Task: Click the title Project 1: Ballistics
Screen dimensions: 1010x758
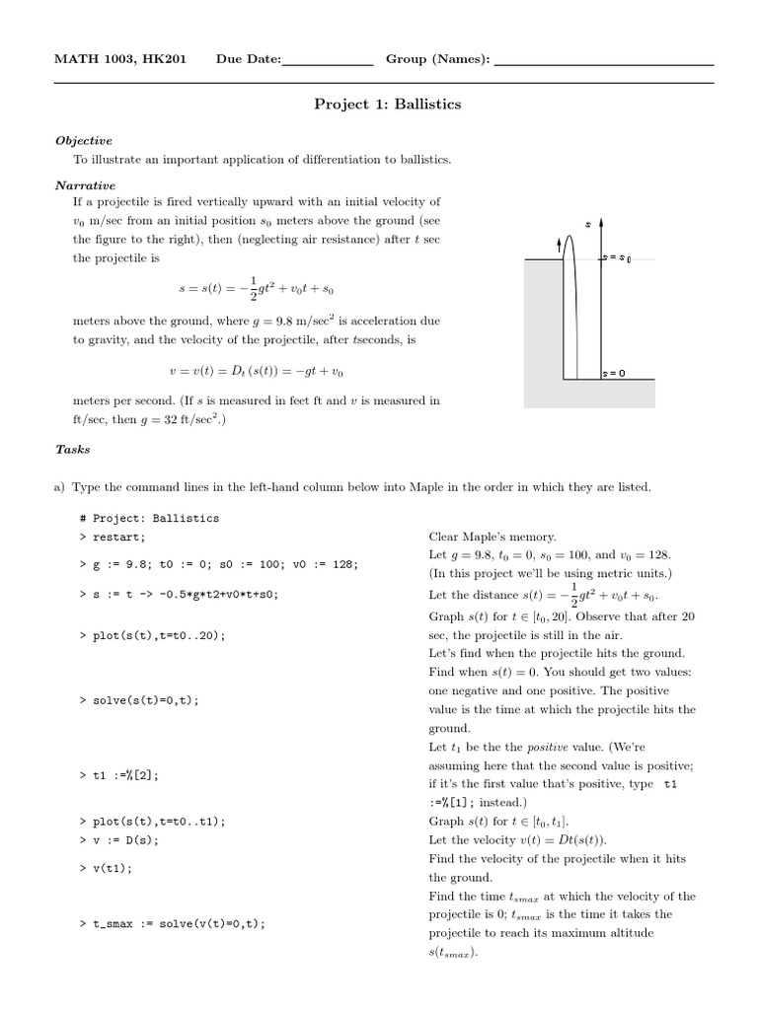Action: coord(387,104)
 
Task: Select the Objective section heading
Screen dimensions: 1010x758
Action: coord(84,141)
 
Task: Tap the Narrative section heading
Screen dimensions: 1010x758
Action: coord(86,184)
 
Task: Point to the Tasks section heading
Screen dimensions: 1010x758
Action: coord(73,449)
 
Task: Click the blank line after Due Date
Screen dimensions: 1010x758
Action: coord(327,61)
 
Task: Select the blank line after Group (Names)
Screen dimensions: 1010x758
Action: coord(603,61)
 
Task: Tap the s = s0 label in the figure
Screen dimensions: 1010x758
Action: coord(617,258)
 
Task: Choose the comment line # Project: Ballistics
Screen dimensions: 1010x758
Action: coord(150,518)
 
